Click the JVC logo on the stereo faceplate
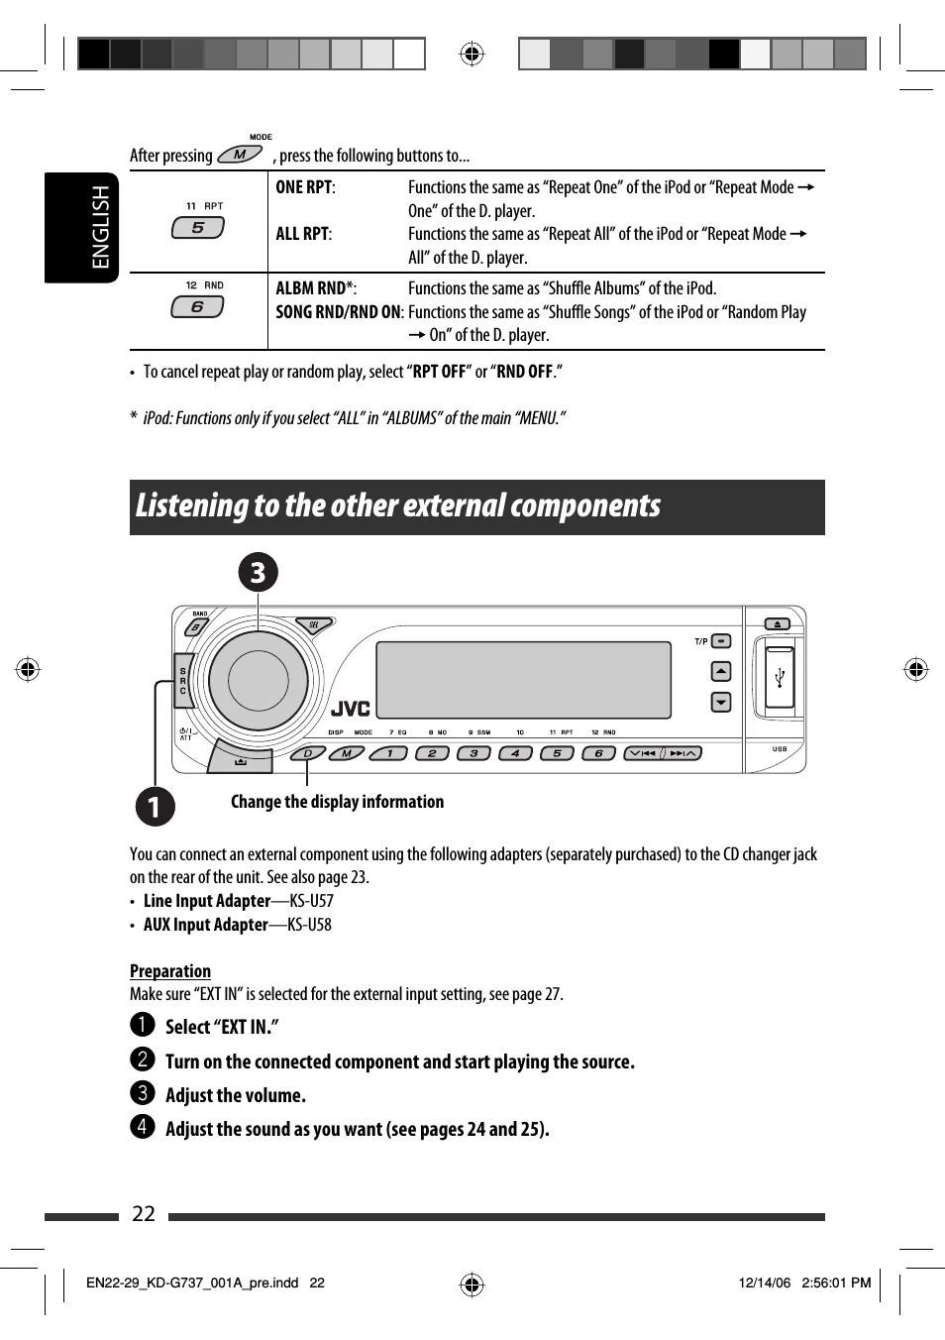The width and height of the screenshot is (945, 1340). pos(351,709)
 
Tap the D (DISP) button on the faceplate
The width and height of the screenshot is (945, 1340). pos(308,753)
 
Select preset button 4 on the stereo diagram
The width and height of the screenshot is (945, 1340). pos(515,753)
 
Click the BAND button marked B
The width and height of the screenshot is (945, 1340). pos(196,626)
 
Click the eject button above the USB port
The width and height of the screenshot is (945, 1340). pos(778,624)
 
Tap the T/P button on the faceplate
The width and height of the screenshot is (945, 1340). pos(721,641)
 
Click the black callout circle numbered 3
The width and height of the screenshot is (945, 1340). pos(258,573)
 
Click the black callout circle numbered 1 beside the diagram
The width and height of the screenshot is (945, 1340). pos(155,806)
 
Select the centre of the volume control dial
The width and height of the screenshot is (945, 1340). pos(258,681)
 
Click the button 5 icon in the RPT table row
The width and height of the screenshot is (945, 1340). pos(198,227)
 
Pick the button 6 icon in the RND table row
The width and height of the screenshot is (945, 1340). pos(197,307)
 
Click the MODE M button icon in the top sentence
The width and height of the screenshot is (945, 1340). pos(239,154)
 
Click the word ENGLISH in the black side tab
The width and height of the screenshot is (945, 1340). pos(101,227)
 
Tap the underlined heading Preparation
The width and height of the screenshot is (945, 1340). pos(170,971)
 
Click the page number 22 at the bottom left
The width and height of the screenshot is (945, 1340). pos(144,1214)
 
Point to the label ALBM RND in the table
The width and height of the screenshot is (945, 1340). pos(310,288)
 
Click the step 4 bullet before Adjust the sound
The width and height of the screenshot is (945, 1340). pos(142,1126)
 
